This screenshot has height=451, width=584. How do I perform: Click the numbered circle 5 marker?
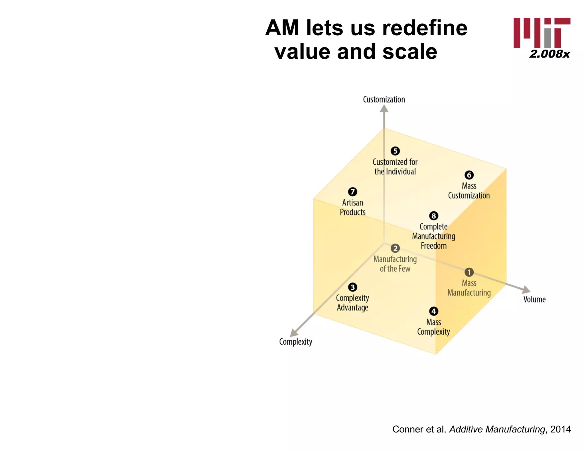(395, 151)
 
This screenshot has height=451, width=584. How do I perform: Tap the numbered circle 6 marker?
(469, 175)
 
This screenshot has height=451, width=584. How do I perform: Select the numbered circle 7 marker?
(352, 192)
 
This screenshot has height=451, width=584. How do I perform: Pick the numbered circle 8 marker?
(434, 216)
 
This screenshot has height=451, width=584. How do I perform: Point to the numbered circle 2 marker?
(395, 248)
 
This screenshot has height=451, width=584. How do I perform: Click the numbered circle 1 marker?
(469, 272)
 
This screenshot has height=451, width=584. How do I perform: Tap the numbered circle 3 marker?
(352, 287)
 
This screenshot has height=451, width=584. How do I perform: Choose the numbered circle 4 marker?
(434, 311)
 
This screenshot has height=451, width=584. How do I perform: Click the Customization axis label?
(384, 99)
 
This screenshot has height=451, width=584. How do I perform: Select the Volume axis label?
(534, 299)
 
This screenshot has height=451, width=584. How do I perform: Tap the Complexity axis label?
(295, 342)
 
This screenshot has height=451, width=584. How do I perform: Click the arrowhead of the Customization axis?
(384, 109)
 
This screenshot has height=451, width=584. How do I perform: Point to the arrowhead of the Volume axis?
(526, 290)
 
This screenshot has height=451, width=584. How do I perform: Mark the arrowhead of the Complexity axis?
(293, 333)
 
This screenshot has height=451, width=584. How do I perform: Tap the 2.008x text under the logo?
(549, 54)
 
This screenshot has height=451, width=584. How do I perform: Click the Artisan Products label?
(352, 207)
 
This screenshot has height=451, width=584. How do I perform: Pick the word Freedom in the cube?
(433, 246)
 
